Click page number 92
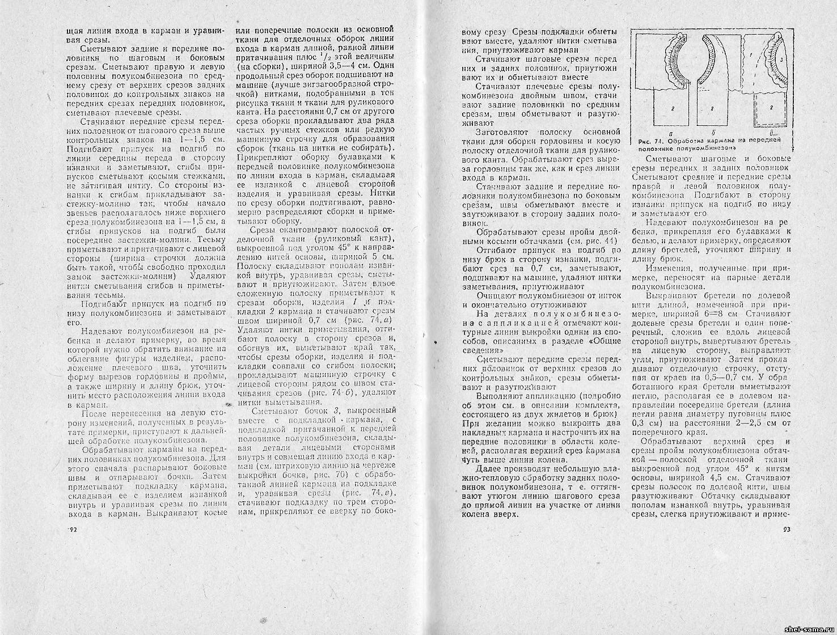coord(72,530)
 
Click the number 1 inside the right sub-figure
coord(750,55)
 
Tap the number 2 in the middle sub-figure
coord(711,107)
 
